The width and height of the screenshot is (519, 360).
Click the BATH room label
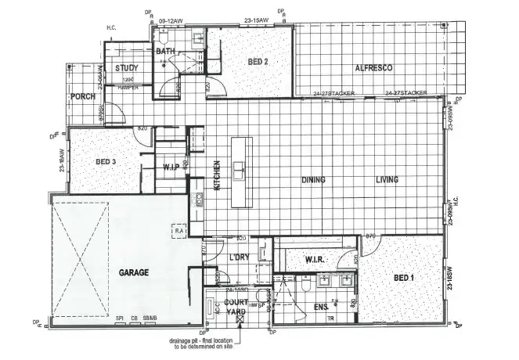coord(165,52)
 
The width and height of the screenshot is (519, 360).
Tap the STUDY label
coord(127,69)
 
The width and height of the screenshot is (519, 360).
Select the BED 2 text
coord(258,62)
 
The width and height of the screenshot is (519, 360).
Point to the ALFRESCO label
coord(373,69)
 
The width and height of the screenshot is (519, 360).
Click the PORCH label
coord(82,97)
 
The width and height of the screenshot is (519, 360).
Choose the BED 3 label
coord(106,162)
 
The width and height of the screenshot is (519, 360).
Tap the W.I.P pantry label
coord(172,167)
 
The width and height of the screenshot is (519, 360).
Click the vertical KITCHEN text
coord(217,175)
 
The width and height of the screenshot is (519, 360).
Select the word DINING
coord(313,180)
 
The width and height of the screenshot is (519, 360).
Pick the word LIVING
coord(387,180)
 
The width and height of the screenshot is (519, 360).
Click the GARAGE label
coord(134,273)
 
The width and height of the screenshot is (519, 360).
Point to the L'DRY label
coord(239,257)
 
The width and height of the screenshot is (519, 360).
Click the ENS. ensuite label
coord(320,306)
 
